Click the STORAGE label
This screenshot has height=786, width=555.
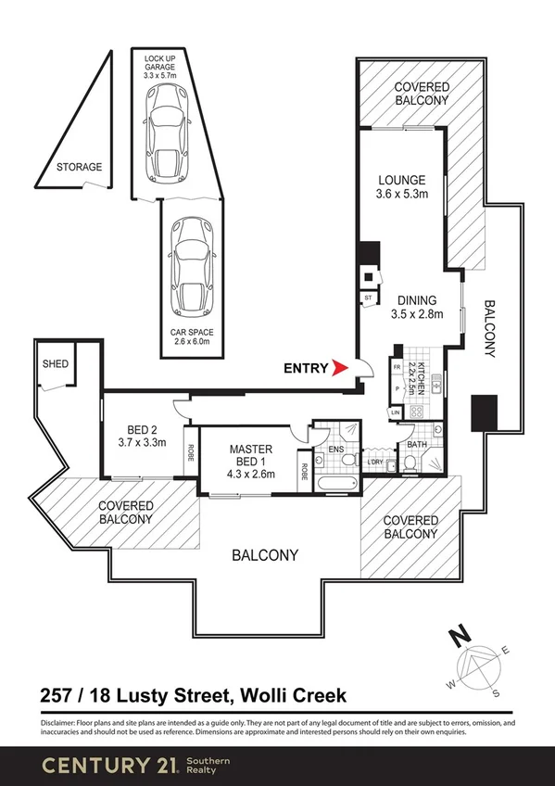[x=79, y=168]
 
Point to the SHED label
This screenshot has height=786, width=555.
[x=55, y=364]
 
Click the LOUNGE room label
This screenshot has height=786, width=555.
[x=401, y=180]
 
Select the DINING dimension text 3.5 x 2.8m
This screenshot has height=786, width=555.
[x=416, y=314]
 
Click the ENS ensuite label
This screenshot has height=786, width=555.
[x=335, y=452]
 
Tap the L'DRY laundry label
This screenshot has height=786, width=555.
[x=375, y=462]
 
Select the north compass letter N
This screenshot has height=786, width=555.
[x=456, y=637]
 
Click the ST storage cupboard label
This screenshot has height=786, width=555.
[x=368, y=298]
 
